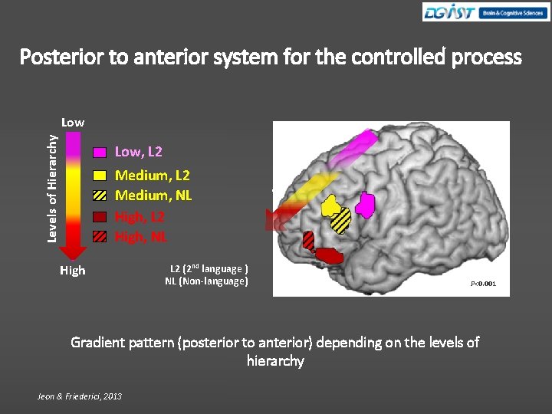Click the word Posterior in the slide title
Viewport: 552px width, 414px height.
click(x=60, y=58)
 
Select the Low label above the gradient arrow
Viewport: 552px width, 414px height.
click(x=73, y=122)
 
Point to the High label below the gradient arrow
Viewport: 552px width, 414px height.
click(x=73, y=271)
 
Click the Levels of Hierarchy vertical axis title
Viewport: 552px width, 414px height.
click(x=51, y=189)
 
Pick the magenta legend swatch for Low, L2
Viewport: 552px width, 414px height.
click(x=100, y=153)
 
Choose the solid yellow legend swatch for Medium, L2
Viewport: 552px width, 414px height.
click(x=100, y=176)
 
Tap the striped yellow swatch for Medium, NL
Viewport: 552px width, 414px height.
click(x=100, y=195)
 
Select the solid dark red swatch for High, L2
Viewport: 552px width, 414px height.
click(x=100, y=217)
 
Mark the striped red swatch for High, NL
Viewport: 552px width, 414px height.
click(x=100, y=237)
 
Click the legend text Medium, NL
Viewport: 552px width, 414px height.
click(x=153, y=195)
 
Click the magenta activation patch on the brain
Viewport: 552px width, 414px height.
click(x=366, y=205)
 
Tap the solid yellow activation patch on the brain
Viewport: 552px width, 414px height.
click(x=331, y=206)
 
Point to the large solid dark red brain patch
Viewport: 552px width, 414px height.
click(x=328, y=255)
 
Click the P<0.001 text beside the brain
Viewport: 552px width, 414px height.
click(x=483, y=284)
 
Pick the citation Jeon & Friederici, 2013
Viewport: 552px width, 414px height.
click(x=79, y=396)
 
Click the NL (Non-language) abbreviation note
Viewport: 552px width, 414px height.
click(x=206, y=281)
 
